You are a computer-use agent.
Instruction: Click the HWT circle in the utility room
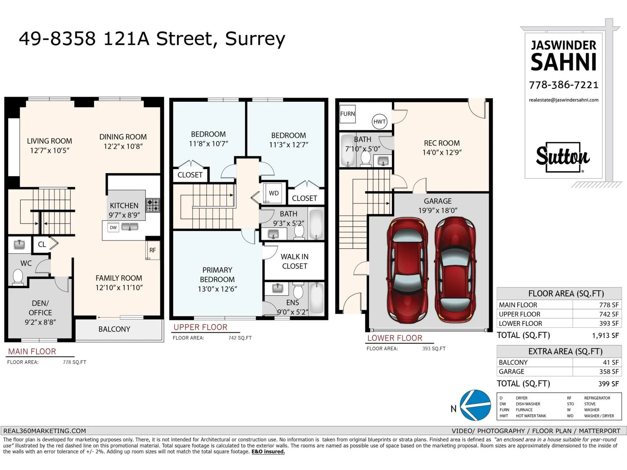379,121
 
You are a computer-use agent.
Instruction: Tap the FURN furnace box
347,114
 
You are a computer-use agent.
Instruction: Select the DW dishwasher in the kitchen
113,228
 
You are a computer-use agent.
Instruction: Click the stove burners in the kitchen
153,206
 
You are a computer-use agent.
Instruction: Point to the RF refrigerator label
152,250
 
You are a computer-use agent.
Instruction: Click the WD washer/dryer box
274,193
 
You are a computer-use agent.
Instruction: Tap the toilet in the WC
18,277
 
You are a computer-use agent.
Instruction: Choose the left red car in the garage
407,270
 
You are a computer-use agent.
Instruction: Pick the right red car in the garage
455,270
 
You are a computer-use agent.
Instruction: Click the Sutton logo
563,157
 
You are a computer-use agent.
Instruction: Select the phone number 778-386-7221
564,85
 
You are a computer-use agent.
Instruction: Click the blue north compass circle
476,405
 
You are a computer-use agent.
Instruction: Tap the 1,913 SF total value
605,336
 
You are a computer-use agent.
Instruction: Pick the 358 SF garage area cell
609,372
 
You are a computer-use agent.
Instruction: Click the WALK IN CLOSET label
295,261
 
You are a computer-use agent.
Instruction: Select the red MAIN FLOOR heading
32,352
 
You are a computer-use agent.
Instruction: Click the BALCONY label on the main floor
114,329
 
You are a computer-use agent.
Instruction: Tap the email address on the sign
564,100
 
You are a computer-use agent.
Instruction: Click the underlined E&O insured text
268,452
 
